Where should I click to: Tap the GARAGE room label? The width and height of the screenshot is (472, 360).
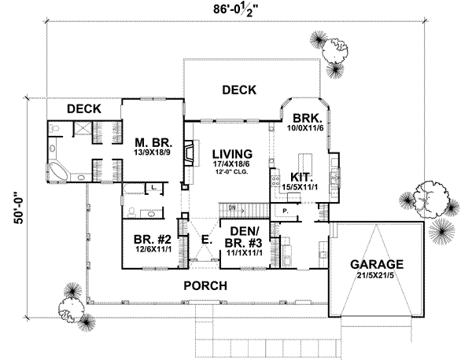coord(378,264)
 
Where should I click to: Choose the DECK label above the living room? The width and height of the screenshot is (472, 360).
coord(238,90)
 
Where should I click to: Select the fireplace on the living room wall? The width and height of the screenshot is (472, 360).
coord(188,152)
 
